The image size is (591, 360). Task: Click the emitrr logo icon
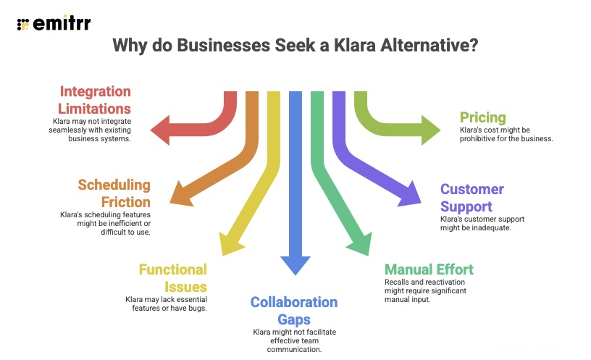(x=23, y=23)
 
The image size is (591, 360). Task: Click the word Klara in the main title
(x=358, y=46)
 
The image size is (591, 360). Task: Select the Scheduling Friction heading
(x=114, y=193)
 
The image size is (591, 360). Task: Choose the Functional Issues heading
(x=172, y=279)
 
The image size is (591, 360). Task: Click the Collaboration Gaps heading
(x=294, y=311)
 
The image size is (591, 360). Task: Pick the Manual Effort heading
(x=429, y=269)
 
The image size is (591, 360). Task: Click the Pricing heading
(x=482, y=117)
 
